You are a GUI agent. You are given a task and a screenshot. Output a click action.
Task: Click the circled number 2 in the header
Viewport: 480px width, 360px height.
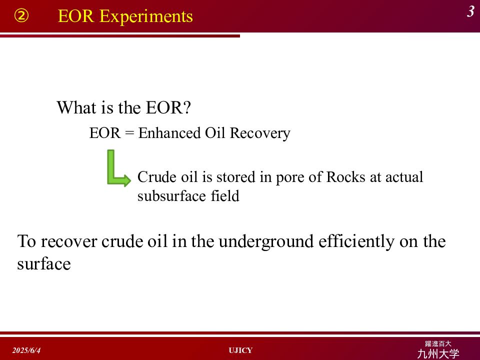pos(21,16)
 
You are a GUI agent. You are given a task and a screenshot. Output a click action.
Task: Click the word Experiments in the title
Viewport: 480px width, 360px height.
pos(146,16)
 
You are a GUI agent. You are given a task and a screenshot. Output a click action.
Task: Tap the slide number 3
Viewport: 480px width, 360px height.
pos(471,11)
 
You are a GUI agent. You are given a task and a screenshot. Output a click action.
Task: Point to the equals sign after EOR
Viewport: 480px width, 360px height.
pos(129,133)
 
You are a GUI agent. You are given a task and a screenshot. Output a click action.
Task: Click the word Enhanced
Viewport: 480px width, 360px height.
pos(169,133)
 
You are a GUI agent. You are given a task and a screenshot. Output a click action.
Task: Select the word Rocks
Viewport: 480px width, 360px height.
pos(345,177)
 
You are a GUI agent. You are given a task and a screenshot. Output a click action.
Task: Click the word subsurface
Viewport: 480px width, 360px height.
pos(171,196)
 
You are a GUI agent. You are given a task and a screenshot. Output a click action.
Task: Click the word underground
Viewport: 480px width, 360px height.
pos(266,242)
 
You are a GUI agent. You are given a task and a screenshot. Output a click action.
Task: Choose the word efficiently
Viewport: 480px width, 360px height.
pos(356,242)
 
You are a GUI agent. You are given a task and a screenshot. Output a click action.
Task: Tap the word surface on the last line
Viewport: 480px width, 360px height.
pos(44,264)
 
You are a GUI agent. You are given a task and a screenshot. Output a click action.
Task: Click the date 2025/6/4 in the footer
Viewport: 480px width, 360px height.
pos(26,350)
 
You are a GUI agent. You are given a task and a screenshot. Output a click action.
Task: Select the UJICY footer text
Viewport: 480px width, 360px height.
pos(240,350)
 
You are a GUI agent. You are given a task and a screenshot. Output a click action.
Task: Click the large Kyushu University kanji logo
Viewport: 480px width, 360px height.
pos(438,353)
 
